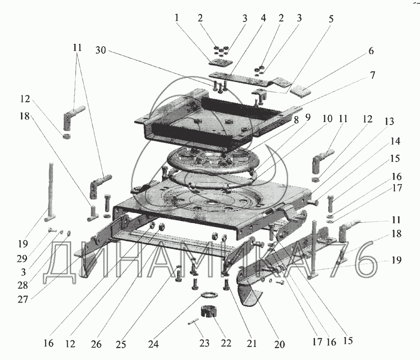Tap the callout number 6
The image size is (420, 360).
pos(371,51)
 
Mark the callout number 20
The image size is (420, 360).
pos(280,344)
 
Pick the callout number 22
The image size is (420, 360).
pos(226,344)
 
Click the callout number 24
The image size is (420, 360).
pos(153,344)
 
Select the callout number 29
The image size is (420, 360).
pos(23,258)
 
